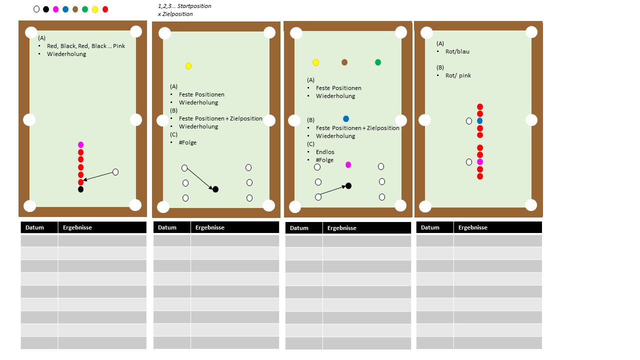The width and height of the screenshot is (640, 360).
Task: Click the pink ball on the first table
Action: point(81,145)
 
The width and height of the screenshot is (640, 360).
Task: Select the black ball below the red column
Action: point(81,189)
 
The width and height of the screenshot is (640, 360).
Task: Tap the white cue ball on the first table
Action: point(115,172)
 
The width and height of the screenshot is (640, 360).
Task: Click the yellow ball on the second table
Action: point(188,66)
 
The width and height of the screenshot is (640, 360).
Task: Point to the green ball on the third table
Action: point(377,62)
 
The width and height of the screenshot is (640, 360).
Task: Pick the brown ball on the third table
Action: point(344,62)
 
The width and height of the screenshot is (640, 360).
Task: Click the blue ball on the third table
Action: point(346,118)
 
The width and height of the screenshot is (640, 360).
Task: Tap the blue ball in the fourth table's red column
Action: point(479,121)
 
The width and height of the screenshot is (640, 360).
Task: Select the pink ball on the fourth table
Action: point(479,162)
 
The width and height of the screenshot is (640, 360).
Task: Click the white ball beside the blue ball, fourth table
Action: point(469,121)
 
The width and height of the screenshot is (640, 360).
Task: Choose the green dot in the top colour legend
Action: point(85,9)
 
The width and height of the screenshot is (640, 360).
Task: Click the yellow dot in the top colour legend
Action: point(95,9)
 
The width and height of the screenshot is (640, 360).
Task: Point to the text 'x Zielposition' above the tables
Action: point(175,14)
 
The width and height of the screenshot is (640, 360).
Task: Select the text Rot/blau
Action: point(457,51)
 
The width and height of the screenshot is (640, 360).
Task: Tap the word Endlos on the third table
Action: point(325,152)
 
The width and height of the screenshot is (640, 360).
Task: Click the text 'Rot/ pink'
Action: point(458,75)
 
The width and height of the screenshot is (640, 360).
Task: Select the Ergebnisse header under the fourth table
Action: point(473,227)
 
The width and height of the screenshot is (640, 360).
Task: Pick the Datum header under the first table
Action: point(34,227)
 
